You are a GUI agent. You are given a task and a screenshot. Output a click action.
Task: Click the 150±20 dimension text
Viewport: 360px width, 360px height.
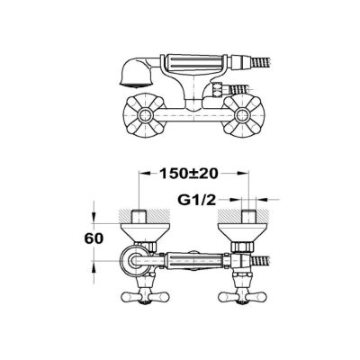tap(188, 174)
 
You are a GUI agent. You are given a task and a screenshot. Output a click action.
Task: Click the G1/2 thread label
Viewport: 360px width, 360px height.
tap(197, 200)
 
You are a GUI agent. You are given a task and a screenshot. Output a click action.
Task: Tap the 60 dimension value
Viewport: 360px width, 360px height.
tap(94, 238)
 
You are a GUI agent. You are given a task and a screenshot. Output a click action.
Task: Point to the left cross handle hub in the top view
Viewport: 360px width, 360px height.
tap(145, 114)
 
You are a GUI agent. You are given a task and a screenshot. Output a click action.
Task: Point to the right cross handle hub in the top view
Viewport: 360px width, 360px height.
tap(242, 114)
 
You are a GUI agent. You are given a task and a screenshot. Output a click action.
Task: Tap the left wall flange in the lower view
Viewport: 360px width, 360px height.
tap(145, 232)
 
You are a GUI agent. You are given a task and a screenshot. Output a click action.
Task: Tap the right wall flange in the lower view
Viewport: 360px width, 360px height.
tap(242, 232)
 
